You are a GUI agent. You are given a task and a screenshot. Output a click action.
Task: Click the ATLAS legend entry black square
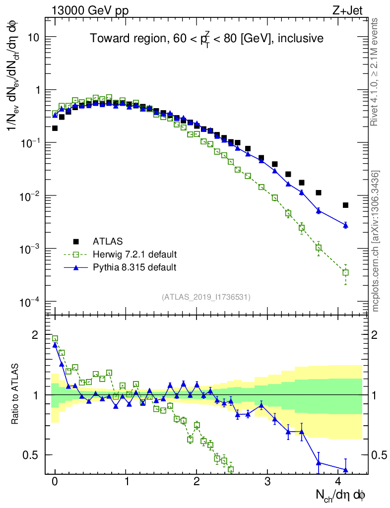pos(76,242)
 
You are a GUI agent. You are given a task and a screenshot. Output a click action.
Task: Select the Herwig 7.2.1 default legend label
pos(134,254)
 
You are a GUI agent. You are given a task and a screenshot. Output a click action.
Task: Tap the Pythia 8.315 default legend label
pos(134,267)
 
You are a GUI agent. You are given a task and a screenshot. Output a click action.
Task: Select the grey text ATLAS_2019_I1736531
pos(206,297)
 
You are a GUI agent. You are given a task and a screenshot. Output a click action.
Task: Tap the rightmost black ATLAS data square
pos(345,205)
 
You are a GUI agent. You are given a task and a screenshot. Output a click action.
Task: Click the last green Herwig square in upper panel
pos(345,272)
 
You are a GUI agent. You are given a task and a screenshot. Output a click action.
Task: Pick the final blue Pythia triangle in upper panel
pos(345,225)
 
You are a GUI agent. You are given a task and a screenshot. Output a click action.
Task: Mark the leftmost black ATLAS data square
pos(55,128)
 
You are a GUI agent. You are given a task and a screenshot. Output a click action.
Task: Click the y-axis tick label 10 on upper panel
pos(34,38)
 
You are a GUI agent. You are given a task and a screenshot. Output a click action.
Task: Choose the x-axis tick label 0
pos(55,482)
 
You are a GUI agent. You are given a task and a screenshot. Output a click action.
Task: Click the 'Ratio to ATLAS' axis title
pos(15,394)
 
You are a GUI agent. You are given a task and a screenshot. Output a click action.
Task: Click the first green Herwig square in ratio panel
pos(55,338)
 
